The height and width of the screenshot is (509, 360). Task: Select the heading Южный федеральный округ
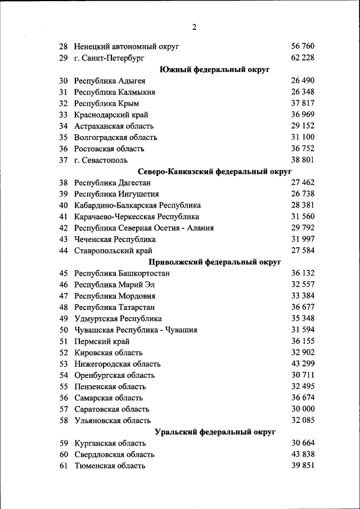214,69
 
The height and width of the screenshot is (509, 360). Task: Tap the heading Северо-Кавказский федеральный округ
214,171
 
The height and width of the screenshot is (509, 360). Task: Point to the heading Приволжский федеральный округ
214,262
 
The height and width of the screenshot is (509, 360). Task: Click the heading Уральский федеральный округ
214,432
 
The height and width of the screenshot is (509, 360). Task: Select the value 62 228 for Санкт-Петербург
303,57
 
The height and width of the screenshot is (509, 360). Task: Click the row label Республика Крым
106,103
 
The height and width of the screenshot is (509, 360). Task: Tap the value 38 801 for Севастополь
303,160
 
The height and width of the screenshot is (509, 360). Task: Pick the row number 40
63,205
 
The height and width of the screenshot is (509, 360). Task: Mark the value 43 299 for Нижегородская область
303,364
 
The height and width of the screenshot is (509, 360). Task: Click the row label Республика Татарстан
114,307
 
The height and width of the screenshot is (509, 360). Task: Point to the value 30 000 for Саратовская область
303,409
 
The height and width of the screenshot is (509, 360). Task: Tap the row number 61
63,466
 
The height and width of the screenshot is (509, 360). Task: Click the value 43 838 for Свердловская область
303,454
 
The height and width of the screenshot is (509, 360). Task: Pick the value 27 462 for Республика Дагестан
303,182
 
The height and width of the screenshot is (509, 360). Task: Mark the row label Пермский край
102,341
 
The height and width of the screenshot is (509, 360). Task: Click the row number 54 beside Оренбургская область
63,375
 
